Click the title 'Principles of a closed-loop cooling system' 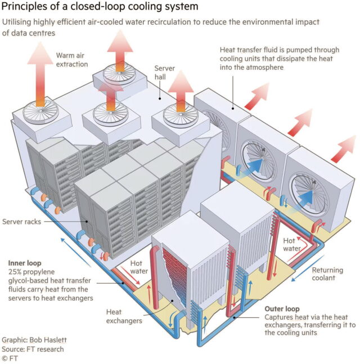pos(101,7)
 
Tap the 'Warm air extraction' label pos(72,60)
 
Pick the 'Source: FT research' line pos(33,349)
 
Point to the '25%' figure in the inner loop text pos(16,272)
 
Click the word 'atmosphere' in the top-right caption pos(259,68)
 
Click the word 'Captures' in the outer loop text pos(279,318)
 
